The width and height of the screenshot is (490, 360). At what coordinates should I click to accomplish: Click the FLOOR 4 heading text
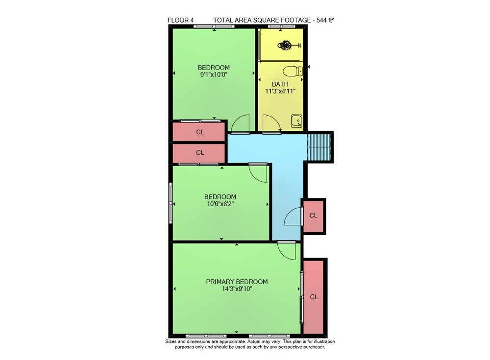point(181,20)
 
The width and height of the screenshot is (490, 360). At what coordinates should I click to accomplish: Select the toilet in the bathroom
point(293,71)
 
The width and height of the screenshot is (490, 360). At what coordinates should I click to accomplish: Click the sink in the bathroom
point(296,121)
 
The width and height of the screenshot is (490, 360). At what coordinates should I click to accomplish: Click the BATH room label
point(280,84)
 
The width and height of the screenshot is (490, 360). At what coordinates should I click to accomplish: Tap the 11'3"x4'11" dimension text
point(280,91)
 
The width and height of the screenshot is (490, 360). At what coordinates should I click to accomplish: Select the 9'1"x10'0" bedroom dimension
point(214,74)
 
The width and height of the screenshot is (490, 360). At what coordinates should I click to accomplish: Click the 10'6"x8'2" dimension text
point(220,204)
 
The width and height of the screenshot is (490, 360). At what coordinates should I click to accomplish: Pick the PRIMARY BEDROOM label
point(237,282)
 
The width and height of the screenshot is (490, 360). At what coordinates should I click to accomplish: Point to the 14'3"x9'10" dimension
point(237,289)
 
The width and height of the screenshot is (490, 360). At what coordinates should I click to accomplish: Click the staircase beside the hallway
point(319,147)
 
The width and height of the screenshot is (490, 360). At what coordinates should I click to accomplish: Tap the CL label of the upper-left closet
point(200,132)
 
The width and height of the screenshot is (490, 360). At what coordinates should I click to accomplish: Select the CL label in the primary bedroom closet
point(314,297)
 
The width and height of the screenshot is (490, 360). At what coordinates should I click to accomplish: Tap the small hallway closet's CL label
point(313,216)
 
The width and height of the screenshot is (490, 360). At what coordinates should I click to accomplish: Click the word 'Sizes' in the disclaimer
point(171,341)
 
